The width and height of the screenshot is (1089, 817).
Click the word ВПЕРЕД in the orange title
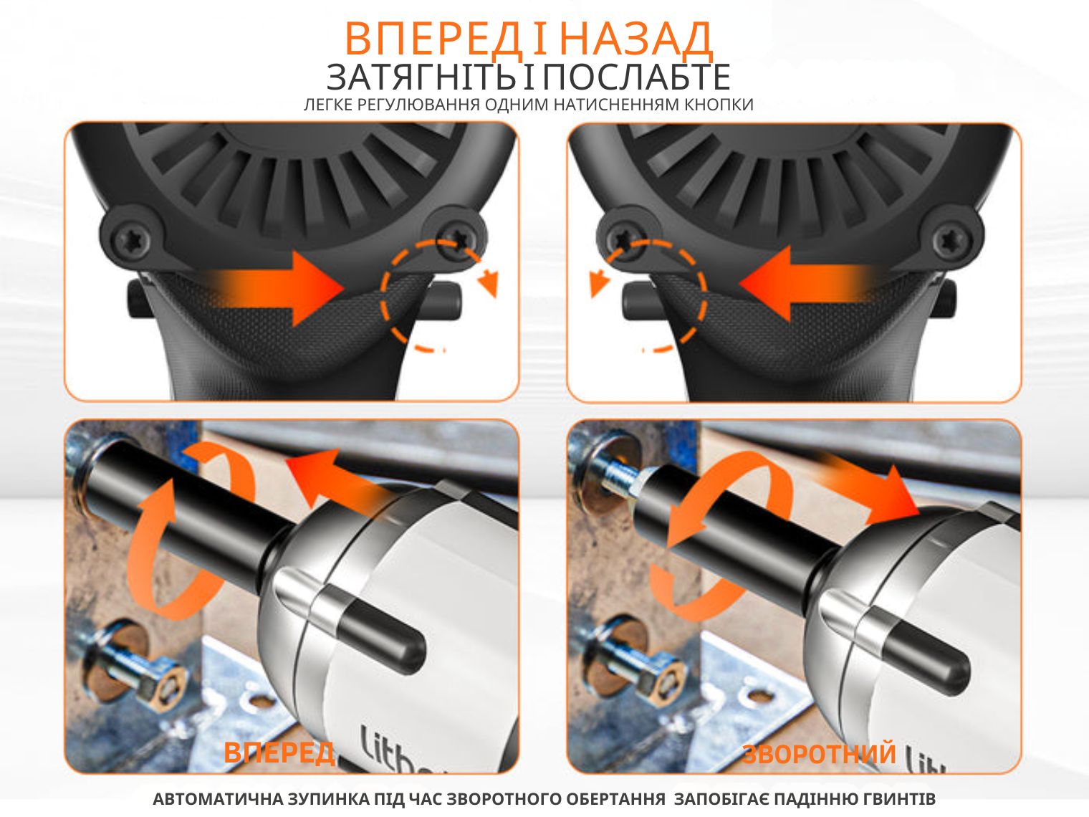pos(433,38)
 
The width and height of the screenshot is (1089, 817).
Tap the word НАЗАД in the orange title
pos(636,39)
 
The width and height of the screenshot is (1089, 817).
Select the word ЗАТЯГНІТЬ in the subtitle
pos(421,77)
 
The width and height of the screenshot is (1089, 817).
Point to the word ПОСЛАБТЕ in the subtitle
pos(636,77)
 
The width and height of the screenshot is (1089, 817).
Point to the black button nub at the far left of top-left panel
pos(136,298)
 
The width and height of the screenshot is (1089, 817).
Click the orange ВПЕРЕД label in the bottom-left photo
pos(279,752)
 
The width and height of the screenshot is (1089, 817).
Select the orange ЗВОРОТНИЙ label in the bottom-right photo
pos(819,753)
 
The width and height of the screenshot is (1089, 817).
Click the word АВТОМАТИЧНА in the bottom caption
pos(219,799)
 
